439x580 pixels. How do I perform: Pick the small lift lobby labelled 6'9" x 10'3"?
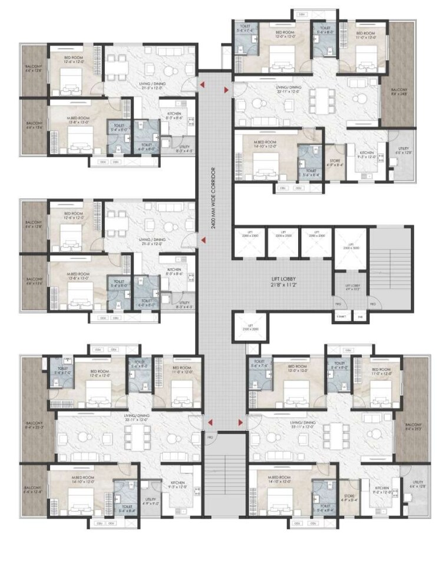pos(352,288)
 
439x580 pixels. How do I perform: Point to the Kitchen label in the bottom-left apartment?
pos(178,485)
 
